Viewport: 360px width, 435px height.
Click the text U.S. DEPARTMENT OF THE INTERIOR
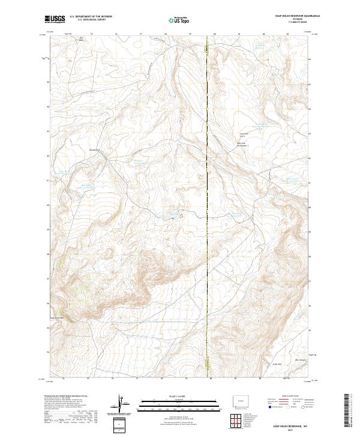click(91, 17)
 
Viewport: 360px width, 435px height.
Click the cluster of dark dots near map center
click(177, 213)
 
